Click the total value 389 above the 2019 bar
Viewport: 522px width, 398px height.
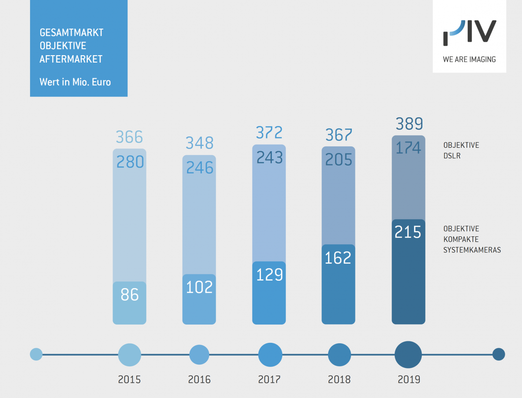click(409, 125)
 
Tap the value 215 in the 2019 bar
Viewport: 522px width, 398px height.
click(408, 232)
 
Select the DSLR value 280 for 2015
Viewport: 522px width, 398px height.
click(130, 162)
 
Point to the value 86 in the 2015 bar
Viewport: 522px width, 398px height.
click(130, 295)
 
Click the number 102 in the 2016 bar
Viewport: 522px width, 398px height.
click(199, 287)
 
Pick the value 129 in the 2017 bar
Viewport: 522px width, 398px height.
click(269, 275)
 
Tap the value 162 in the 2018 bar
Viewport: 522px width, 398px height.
click(338, 258)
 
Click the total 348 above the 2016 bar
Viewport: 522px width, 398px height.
click(200, 143)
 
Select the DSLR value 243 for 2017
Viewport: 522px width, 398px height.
click(269, 158)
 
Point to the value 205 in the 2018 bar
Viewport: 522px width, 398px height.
click(338, 160)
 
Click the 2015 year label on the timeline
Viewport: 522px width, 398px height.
click(130, 379)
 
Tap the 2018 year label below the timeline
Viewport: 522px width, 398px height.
click(339, 379)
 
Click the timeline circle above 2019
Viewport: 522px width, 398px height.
click(408, 355)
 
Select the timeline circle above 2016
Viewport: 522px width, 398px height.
click(199, 355)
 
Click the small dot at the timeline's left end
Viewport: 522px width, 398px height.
click(36, 354)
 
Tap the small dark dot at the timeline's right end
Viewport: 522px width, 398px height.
click(499, 355)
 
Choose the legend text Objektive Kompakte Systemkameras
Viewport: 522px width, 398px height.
click(472, 239)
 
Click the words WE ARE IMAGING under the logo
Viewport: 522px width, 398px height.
click(469, 60)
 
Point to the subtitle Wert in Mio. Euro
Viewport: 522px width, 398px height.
click(75, 82)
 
